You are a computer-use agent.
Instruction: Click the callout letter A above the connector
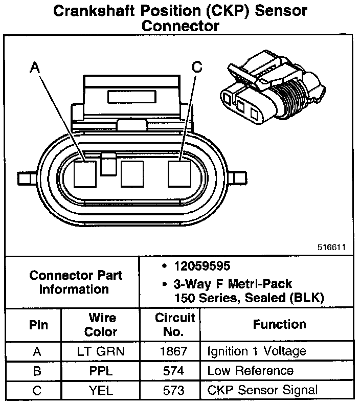[x=34, y=66]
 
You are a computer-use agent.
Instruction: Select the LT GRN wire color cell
[x=100, y=351]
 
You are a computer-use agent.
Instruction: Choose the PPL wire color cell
[x=100, y=371]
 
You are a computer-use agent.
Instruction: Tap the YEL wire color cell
[x=100, y=390]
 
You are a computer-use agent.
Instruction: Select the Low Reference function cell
[x=250, y=371]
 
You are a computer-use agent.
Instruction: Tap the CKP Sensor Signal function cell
[x=262, y=390]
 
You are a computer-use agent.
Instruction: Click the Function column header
[x=279, y=324]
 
